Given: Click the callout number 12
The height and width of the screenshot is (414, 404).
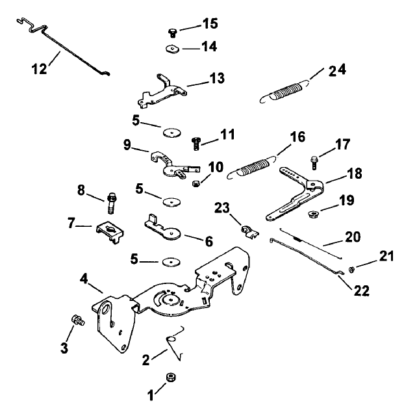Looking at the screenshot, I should [39, 68].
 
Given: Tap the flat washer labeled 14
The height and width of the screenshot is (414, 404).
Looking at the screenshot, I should [172, 49].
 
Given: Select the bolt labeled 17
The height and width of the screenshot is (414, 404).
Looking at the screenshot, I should [314, 157].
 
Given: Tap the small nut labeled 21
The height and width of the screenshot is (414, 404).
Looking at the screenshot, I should [351, 268].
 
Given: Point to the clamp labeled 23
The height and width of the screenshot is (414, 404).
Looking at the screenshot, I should [246, 229].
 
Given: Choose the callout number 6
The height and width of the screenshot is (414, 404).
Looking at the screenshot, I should [209, 240].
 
